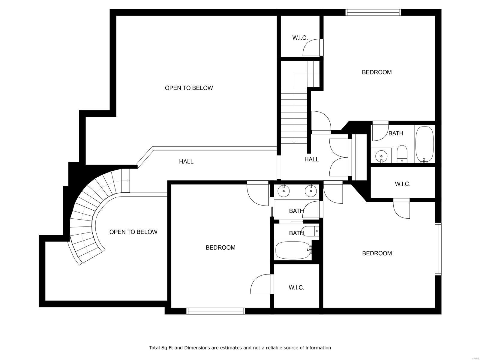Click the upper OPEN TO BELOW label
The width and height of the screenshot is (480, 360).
(x=189, y=88)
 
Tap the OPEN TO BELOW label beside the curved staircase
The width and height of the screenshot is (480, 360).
(x=133, y=232)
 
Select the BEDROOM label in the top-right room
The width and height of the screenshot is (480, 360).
(x=376, y=72)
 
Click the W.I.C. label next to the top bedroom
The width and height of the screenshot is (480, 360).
(x=300, y=38)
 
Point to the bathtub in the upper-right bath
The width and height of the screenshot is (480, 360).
(x=424, y=144)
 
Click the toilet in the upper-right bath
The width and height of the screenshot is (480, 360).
(x=402, y=153)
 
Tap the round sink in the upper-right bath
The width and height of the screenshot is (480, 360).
(x=381, y=156)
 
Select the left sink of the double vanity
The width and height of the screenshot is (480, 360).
(x=283, y=190)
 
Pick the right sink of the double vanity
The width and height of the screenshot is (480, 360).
(x=310, y=190)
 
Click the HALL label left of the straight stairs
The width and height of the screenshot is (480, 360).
(x=186, y=162)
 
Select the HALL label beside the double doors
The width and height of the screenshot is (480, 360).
(x=311, y=160)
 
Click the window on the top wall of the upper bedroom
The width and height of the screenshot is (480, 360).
(x=373, y=12)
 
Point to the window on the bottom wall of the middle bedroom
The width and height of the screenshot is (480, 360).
(x=215, y=311)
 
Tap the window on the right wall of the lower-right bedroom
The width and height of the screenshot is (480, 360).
(x=438, y=249)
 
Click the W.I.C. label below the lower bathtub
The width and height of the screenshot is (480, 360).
(x=296, y=288)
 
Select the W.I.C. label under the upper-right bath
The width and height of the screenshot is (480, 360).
(x=402, y=184)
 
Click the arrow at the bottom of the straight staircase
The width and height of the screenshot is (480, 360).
(x=294, y=142)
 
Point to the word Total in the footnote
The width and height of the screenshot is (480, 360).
(x=155, y=348)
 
